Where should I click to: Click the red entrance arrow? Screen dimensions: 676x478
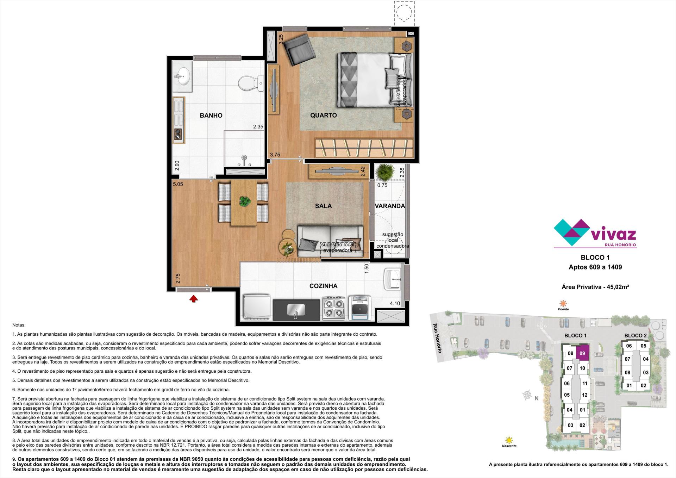tap(193, 299)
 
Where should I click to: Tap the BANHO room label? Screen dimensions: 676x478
tap(211, 115)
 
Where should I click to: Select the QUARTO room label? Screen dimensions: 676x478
tap(323, 115)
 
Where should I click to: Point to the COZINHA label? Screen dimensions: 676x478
tap(323, 286)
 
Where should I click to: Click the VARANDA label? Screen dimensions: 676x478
tap(390, 206)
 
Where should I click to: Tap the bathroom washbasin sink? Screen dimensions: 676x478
tap(182, 75)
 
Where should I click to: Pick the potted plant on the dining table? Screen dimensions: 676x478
tap(245, 201)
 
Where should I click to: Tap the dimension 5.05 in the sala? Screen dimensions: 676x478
tap(178, 184)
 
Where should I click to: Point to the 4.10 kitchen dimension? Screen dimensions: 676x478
tap(395, 303)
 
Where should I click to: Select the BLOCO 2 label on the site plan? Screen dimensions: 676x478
tap(636, 335)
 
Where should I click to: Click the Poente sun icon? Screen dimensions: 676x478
tap(563, 303)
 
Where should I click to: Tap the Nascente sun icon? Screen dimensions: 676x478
tap(509, 440)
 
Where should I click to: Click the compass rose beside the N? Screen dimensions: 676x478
tap(527, 395)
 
